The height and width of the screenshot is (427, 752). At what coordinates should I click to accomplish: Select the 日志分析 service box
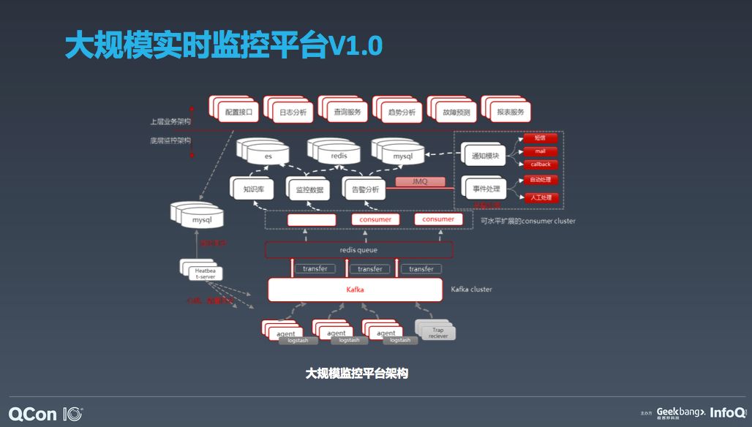[293, 113]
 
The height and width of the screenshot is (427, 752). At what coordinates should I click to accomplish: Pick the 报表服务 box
[510, 113]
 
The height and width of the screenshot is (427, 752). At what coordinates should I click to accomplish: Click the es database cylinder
[268, 155]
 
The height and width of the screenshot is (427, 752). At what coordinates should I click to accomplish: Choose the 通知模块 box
[485, 156]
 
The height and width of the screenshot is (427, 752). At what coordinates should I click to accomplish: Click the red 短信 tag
[540, 138]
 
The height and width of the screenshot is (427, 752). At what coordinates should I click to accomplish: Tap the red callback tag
[541, 165]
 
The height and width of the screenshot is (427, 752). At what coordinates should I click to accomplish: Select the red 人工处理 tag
[541, 197]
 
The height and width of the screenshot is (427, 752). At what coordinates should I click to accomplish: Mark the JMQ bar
[421, 181]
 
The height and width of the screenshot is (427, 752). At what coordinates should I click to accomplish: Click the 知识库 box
[253, 189]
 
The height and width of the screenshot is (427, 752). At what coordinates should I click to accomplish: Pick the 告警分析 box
[365, 189]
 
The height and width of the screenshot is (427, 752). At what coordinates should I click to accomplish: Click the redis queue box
[358, 250]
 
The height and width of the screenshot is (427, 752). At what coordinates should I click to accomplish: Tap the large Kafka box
[356, 290]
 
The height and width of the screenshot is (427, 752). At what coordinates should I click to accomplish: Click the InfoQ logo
[728, 412]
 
